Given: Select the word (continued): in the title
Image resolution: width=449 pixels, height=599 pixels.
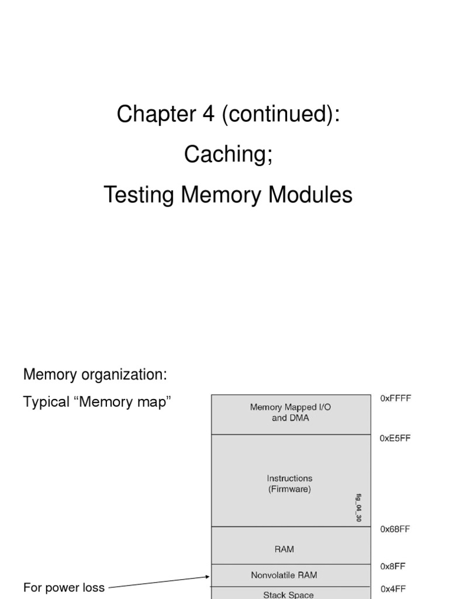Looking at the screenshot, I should (280, 115).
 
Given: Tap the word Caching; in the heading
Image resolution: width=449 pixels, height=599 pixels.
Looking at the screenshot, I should (228, 154).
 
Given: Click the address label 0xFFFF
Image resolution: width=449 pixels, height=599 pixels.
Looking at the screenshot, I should (396, 398).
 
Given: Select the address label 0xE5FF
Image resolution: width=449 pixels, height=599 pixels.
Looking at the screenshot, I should (395, 438).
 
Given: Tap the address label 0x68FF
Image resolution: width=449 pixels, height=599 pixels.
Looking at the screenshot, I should (395, 529).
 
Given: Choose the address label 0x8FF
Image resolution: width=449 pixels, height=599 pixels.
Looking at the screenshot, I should (393, 566).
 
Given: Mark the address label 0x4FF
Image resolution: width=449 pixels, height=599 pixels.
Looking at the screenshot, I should (393, 589).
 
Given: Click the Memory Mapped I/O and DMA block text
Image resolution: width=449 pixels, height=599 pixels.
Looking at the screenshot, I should (291, 412).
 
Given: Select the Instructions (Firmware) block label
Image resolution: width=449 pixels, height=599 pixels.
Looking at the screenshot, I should (290, 484).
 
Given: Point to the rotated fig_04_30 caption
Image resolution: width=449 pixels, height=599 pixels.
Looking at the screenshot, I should (358, 507).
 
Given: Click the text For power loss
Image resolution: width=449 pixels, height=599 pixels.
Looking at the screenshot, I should (64, 587).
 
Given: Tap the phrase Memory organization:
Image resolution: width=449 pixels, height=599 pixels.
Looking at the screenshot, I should (95, 374).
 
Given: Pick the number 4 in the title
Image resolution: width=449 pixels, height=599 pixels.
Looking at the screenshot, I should (209, 115).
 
